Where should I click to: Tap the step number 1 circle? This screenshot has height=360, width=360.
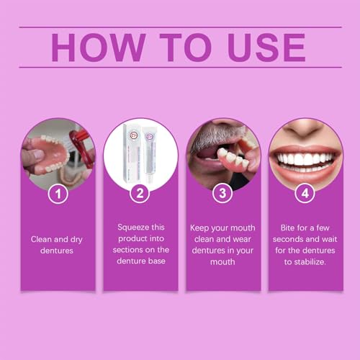[58, 194]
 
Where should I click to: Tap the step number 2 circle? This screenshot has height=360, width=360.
[140, 194]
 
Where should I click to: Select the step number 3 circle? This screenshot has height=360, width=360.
[222, 194]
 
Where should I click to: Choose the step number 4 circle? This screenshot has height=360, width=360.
[305, 194]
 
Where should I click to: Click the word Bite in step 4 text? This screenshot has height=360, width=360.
[284, 226]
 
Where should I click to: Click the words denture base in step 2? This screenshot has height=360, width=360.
[140, 261]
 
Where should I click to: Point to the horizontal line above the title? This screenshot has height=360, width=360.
[180, 27]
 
